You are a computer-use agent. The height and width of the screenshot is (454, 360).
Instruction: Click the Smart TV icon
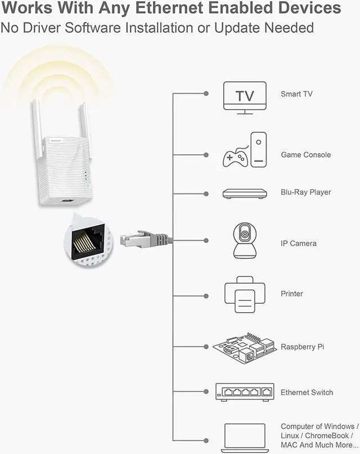[x=245, y=97]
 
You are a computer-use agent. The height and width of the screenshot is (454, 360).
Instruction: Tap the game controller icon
[x=235, y=156]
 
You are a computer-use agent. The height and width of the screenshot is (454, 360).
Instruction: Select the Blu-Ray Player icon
[x=244, y=194]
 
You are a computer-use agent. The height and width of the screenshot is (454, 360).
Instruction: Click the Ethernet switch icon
[x=244, y=392]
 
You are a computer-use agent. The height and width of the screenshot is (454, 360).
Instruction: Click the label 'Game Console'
[x=305, y=155]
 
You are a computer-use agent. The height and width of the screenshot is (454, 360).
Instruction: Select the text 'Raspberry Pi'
[x=302, y=347]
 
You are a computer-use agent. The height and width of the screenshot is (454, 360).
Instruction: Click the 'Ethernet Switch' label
[x=307, y=392]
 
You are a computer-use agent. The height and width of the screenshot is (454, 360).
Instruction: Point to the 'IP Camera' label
[x=298, y=244]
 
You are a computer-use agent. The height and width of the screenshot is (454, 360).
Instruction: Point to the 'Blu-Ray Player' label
[x=305, y=192]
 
